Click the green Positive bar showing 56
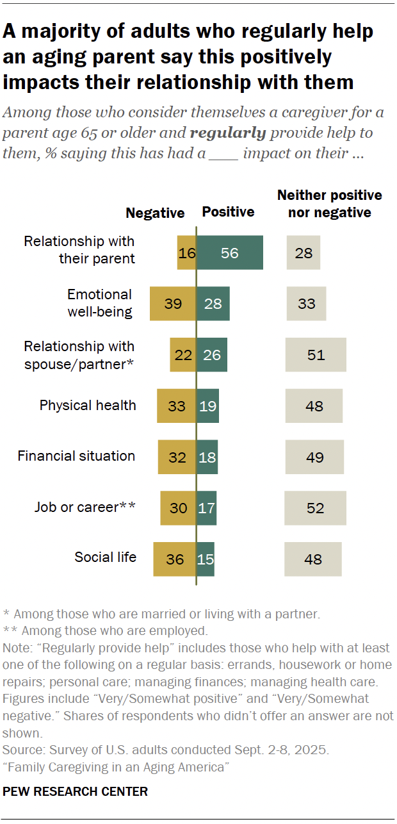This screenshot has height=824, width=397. [x=230, y=252]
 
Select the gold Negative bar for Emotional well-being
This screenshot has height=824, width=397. [x=173, y=304]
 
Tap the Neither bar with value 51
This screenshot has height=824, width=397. [x=316, y=355]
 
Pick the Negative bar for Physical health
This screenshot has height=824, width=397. [x=177, y=406]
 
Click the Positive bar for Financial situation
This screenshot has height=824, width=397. [x=207, y=457]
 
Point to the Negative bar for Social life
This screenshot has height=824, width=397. [x=175, y=559]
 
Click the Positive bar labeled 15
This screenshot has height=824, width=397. [x=206, y=559]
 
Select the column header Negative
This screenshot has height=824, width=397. [x=155, y=213]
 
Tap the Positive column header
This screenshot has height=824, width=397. [x=229, y=212]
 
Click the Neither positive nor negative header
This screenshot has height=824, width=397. [x=329, y=204]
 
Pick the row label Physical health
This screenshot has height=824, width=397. [x=88, y=405]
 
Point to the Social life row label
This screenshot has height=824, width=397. [x=106, y=557]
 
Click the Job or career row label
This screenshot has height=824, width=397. [x=85, y=507]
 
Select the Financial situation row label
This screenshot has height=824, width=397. [x=76, y=456]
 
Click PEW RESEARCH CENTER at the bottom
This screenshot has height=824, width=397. [x=76, y=791]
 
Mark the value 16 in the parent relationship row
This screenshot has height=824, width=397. [x=187, y=252]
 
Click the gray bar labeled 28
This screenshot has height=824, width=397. [x=304, y=252]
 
